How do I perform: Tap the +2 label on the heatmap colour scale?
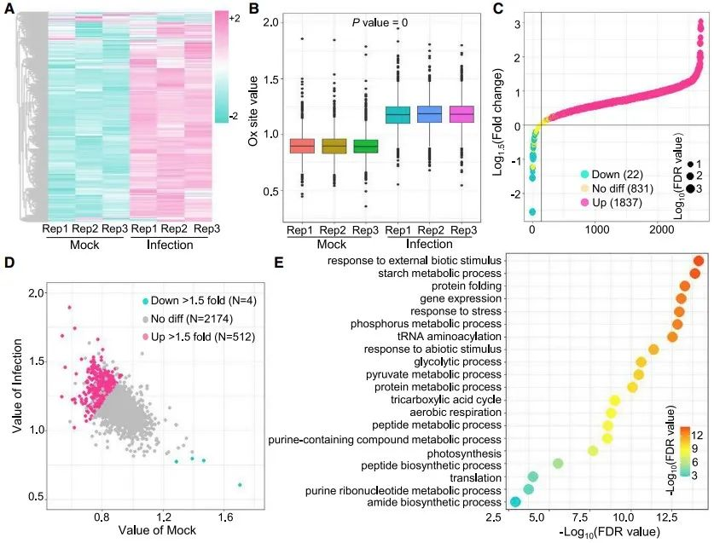(x=234, y=18)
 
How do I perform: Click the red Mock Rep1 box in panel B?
(x=301, y=146)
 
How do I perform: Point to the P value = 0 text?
(x=380, y=22)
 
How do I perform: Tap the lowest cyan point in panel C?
(x=532, y=211)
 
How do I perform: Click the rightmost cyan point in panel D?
(x=240, y=485)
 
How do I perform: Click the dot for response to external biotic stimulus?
(x=699, y=262)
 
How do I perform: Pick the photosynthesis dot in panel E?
(x=594, y=450)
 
